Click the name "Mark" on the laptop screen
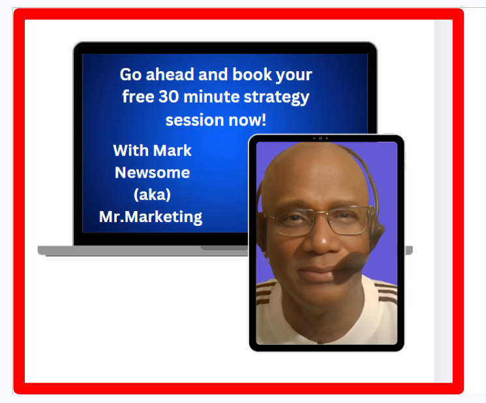[172, 150]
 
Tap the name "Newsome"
[153, 172]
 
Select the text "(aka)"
[151, 195]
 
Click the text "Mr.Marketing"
[151, 217]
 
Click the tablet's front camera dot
[320, 138]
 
